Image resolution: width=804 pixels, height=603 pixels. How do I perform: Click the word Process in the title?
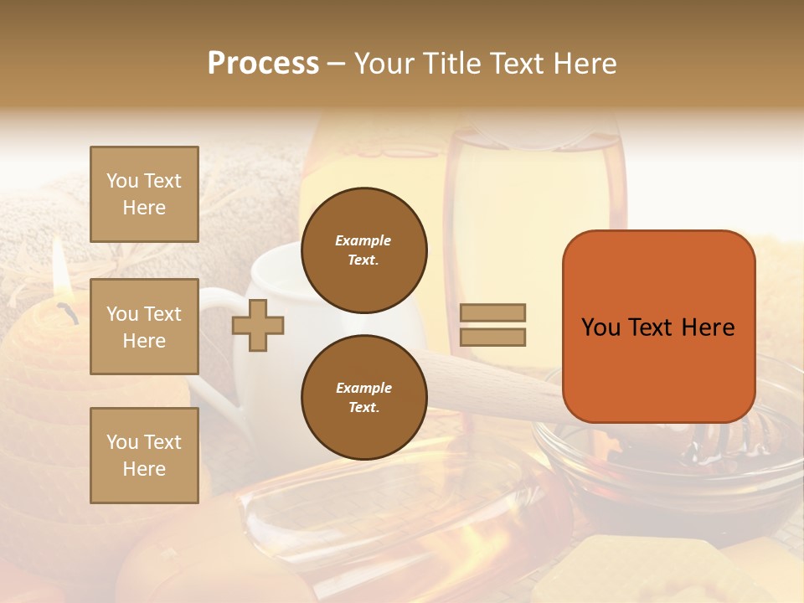click(x=263, y=64)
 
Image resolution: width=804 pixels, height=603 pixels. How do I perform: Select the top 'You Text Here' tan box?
click(x=144, y=194)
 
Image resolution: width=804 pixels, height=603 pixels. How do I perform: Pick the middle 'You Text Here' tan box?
click(x=144, y=327)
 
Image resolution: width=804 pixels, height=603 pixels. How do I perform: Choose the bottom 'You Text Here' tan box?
click(x=144, y=456)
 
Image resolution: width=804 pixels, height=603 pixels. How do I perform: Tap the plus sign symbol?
click(x=257, y=325)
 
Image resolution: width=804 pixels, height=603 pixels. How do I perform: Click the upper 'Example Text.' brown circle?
click(x=363, y=250)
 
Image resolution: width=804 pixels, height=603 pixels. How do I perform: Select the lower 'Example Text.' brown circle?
click(x=363, y=398)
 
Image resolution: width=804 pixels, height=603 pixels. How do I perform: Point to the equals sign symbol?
click(x=492, y=325)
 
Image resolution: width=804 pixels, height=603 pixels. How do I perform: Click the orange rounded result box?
click(x=658, y=327)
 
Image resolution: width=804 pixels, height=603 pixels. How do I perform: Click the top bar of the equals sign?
click(x=492, y=312)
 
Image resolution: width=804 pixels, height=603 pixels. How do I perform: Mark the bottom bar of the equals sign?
click(x=492, y=338)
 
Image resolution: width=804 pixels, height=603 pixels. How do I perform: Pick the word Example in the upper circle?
click(x=363, y=240)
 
